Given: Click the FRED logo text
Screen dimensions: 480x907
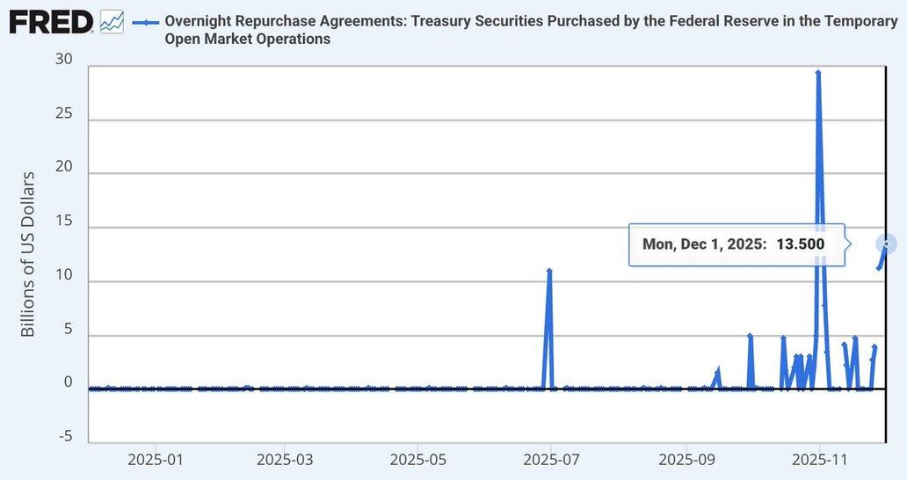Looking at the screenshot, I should click(x=51, y=22).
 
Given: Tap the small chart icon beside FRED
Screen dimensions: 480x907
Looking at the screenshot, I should click(x=112, y=22).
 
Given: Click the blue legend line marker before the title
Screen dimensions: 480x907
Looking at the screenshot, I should click(x=145, y=21).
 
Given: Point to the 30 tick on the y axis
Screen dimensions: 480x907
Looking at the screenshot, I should click(x=63, y=60).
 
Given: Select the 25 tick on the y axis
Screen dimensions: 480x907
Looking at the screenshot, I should click(x=63, y=114).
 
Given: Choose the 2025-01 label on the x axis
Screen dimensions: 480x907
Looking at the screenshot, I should click(x=155, y=459).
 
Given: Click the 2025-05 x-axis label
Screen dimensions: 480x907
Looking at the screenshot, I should click(x=417, y=459).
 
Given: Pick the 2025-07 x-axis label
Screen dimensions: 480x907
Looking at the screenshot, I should click(x=551, y=459).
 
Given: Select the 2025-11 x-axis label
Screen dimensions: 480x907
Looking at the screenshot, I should click(x=819, y=459).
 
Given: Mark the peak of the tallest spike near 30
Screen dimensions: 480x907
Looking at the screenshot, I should click(x=818, y=73).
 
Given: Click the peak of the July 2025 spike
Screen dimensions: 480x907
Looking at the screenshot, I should click(x=549, y=271).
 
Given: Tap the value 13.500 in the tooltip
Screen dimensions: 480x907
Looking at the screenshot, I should click(x=800, y=244).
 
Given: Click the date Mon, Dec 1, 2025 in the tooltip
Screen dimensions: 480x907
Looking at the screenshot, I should click(x=704, y=244).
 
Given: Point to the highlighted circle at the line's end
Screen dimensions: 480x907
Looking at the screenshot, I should click(x=887, y=244).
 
